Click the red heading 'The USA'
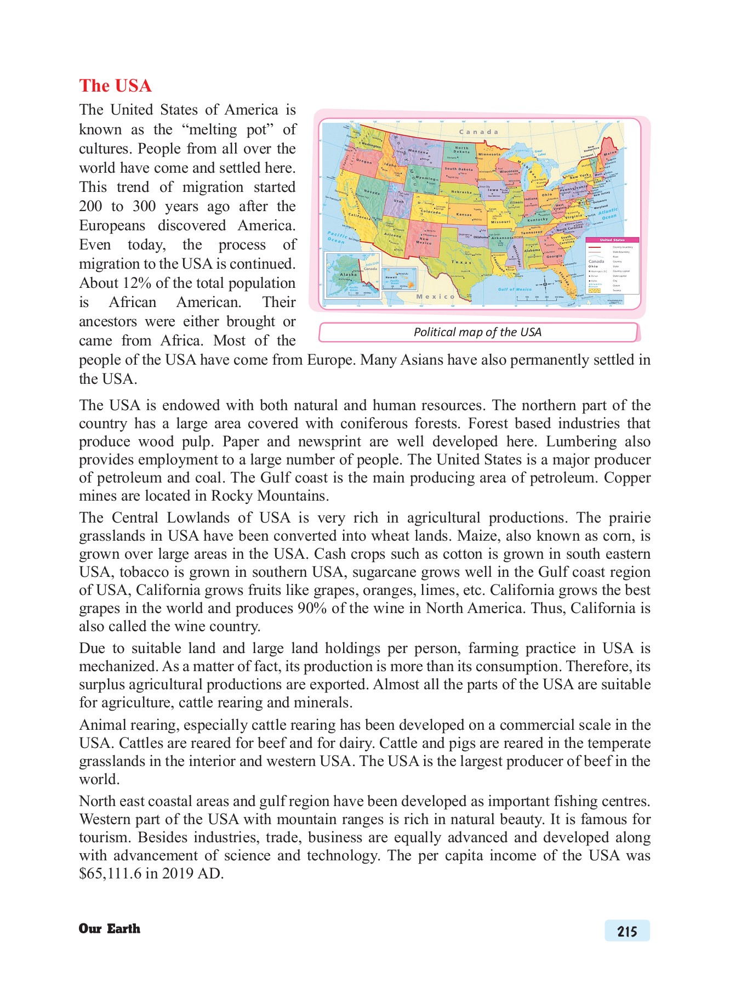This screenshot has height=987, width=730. [x=115, y=86]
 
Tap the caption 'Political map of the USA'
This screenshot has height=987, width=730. [x=477, y=332]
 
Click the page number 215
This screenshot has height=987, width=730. [x=627, y=931]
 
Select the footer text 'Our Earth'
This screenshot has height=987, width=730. [x=110, y=928]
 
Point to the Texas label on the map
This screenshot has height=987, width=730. [x=461, y=262]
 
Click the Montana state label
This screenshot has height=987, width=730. [x=418, y=152]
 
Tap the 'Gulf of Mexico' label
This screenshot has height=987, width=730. [x=515, y=289]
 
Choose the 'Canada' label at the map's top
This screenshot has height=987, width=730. [x=478, y=132]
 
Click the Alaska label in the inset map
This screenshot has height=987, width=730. [x=348, y=274]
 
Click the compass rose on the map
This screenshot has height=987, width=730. [x=545, y=284]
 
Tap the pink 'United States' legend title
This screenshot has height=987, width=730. [x=612, y=240]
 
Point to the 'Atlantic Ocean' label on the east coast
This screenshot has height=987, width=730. [x=608, y=214]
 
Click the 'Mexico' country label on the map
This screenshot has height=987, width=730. [x=436, y=297]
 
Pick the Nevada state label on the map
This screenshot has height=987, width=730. [x=372, y=193]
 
